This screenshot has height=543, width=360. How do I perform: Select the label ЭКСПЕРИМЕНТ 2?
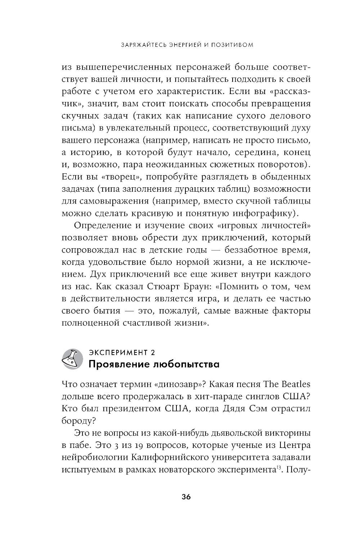[121, 351]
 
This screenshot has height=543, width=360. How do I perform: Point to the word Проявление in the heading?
[116, 364]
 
